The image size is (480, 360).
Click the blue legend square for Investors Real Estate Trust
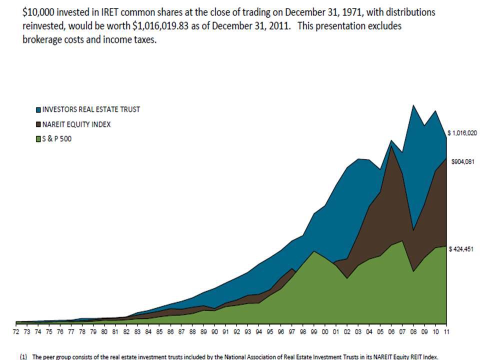click(x=38, y=110)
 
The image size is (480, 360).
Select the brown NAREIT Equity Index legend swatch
click(x=38, y=124)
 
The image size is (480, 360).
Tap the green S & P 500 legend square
click(x=38, y=139)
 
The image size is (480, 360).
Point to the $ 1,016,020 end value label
click(x=462, y=133)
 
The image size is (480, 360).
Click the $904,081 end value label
click(x=462, y=162)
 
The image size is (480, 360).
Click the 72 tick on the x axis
click(x=16, y=331)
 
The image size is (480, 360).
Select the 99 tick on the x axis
click(x=314, y=331)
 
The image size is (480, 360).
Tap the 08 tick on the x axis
click(x=413, y=331)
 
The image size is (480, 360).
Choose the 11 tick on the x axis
click(x=446, y=331)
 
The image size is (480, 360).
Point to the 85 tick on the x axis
click(x=159, y=331)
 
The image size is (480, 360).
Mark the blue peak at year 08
click(x=413, y=105)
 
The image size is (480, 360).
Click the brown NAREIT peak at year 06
click(x=391, y=147)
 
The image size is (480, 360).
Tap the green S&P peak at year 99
click(x=314, y=251)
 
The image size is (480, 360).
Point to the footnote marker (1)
click(x=23, y=357)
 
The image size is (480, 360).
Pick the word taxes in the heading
click(x=145, y=40)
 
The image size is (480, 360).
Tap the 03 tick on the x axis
click(x=358, y=331)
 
